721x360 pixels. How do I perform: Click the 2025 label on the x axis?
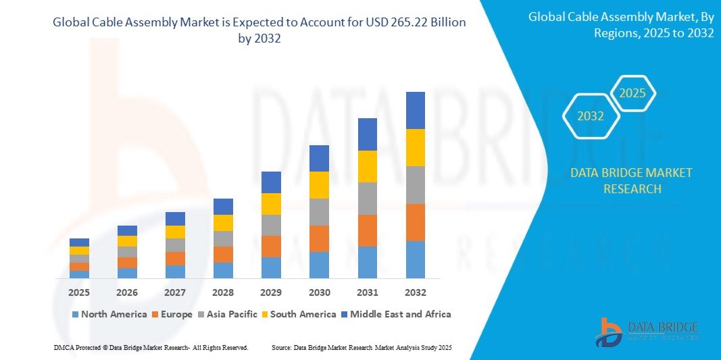[x=79, y=292]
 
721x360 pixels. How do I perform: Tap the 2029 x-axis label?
[x=271, y=292]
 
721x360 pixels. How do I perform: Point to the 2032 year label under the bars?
[x=415, y=292]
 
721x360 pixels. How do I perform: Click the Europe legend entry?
[x=175, y=314]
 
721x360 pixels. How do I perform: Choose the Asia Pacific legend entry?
[x=229, y=314]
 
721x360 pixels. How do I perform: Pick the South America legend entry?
[x=303, y=314]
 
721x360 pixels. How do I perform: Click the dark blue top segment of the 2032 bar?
[x=415, y=110]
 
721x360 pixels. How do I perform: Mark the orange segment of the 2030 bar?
[x=319, y=238]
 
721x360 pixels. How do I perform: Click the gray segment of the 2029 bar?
[x=271, y=225]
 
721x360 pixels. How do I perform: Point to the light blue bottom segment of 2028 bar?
[x=223, y=270]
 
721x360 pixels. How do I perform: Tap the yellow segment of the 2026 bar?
[x=127, y=241]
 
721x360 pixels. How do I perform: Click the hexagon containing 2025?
[x=632, y=93]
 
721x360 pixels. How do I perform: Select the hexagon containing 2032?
[x=591, y=116]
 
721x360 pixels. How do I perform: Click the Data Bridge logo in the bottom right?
[x=647, y=331]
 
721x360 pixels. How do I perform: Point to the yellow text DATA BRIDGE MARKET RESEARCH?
[x=631, y=180]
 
